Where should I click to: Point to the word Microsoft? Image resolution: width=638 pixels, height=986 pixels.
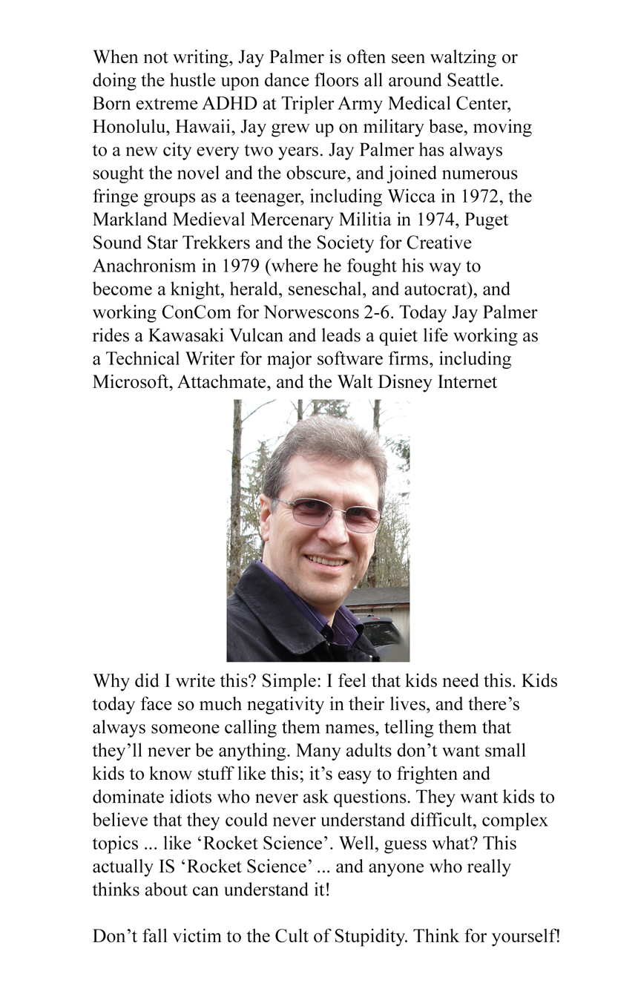[x=131, y=382]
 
